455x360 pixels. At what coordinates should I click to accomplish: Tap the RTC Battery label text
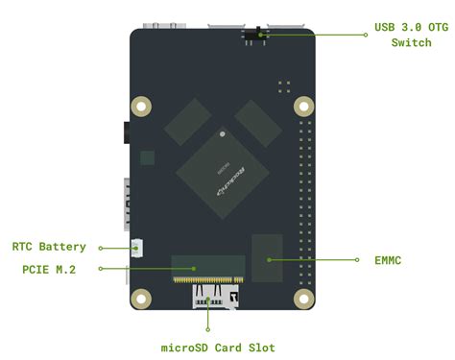coord(49,247)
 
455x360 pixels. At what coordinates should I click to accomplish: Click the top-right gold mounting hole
coord(303,105)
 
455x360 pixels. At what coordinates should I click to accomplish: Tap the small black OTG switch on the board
coord(256,36)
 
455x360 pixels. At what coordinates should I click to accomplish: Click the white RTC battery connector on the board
coord(137,248)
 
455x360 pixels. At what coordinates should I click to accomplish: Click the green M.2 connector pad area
coord(208,269)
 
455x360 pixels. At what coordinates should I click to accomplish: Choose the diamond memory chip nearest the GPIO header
coord(258,122)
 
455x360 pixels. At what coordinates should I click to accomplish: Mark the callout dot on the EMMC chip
coord(269,259)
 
